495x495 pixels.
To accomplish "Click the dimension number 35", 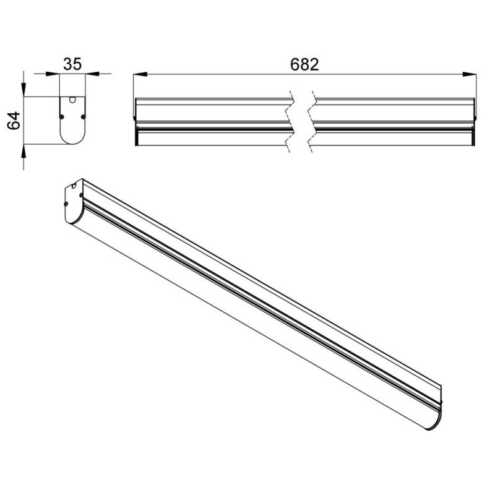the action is click(x=72, y=64).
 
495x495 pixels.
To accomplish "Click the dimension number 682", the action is click(x=304, y=65).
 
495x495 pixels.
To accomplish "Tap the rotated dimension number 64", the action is click(x=14, y=120).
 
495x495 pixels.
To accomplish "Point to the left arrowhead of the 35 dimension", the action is click(x=53, y=74).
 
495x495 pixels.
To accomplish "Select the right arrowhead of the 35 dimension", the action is click(x=92, y=74).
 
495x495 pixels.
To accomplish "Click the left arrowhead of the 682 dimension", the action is click(x=140, y=74).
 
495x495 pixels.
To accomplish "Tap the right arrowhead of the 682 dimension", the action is click(x=469, y=74).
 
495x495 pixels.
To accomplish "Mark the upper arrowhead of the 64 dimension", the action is click(x=24, y=89).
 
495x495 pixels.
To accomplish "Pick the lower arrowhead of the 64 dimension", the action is click(x=24, y=152).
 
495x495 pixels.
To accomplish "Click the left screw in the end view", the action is click(x=62, y=116).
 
